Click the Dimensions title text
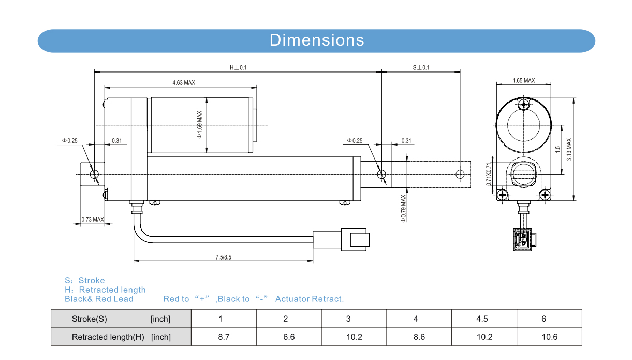coord(317,40)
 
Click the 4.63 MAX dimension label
coord(184,82)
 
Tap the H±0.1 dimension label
coord(238,67)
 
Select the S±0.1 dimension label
coord(421,67)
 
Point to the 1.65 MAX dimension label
coord(523,80)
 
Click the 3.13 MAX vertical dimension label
coord(569,149)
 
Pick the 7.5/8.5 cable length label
coord(224,257)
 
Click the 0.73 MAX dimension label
coord(93,220)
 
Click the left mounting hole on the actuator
coord(94,175)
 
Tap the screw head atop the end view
coord(524,105)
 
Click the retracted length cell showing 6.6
coord(289,337)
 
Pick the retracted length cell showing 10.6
coord(549,337)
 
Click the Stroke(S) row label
coord(89,319)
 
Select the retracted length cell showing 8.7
coord(224,337)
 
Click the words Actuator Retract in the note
coord(309,299)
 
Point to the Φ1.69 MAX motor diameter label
coord(199,125)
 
